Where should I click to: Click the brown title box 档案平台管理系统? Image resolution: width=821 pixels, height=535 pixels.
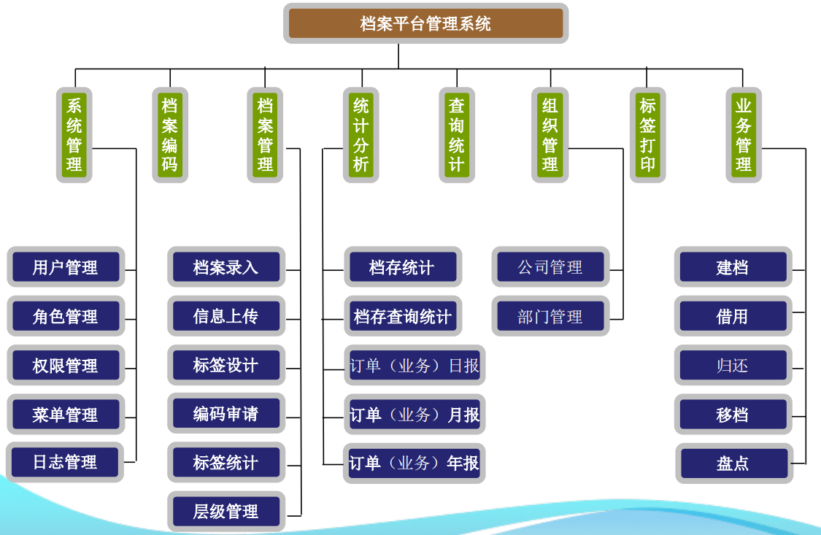click(x=425, y=23)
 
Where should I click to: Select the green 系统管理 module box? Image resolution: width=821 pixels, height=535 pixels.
click(x=74, y=134)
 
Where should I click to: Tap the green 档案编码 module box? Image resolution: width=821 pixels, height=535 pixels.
click(x=170, y=134)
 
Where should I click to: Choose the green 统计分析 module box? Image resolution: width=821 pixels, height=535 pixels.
click(x=361, y=134)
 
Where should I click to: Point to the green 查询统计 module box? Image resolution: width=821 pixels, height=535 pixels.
click(x=457, y=134)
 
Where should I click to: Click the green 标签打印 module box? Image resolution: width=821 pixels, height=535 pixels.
click(x=647, y=134)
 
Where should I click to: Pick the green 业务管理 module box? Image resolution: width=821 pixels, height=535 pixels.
click(x=744, y=134)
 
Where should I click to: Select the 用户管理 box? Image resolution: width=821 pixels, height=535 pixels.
click(x=66, y=267)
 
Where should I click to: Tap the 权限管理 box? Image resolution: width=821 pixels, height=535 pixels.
click(x=66, y=366)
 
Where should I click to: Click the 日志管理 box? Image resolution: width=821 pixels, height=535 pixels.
click(x=65, y=462)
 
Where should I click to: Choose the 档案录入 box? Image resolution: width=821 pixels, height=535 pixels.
click(x=226, y=267)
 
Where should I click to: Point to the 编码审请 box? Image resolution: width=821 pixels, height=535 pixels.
click(x=226, y=414)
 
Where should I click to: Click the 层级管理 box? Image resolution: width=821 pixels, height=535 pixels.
click(x=226, y=511)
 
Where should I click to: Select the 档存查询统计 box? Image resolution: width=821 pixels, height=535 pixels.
click(x=403, y=317)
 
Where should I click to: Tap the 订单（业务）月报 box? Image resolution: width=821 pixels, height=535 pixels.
click(x=414, y=415)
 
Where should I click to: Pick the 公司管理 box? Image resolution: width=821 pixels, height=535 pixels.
click(x=550, y=267)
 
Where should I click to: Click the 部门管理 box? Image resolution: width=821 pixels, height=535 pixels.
click(x=550, y=316)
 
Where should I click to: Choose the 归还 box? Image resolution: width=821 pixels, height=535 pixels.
click(x=733, y=366)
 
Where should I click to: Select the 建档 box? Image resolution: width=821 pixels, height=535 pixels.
click(x=733, y=267)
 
